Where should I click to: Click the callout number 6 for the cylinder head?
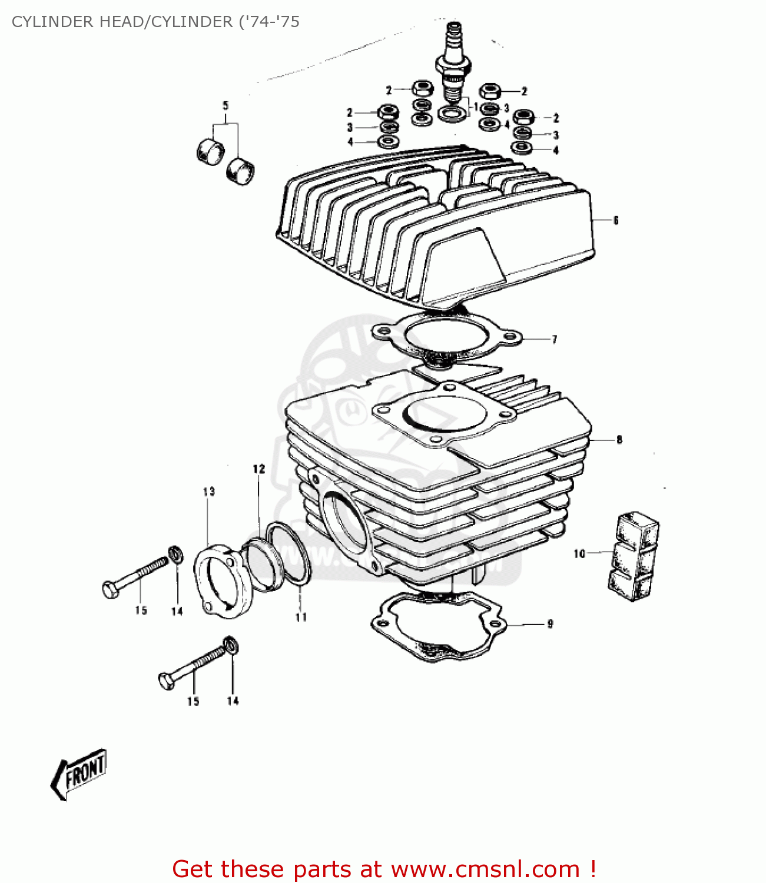pyautogui.click(x=616, y=220)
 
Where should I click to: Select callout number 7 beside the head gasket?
pyautogui.click(x=554, y=339)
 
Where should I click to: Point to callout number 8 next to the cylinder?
pyautogui.click(x=619, y=439)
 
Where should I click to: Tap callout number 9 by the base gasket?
pyautogui.click(x=550, y=623)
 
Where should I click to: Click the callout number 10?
pyautogui.click(x=579, y=553)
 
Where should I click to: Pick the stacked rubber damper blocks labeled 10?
pyautogui.click(x=634, y=556)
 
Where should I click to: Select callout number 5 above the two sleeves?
pyautogui.click(x=225, y=106)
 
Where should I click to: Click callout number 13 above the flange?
pyautogui.click(x=209, y=491)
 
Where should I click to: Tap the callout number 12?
pyautogui.click(x=259, y=469)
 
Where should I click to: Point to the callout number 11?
pyautogui.click(x=301, y=617)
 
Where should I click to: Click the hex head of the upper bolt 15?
pyautogui.click(x=110, y=589)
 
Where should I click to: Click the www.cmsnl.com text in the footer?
pyautogui.click(x=485, y=869)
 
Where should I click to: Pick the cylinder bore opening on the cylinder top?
pyautogui.click(x=443, y=414)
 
